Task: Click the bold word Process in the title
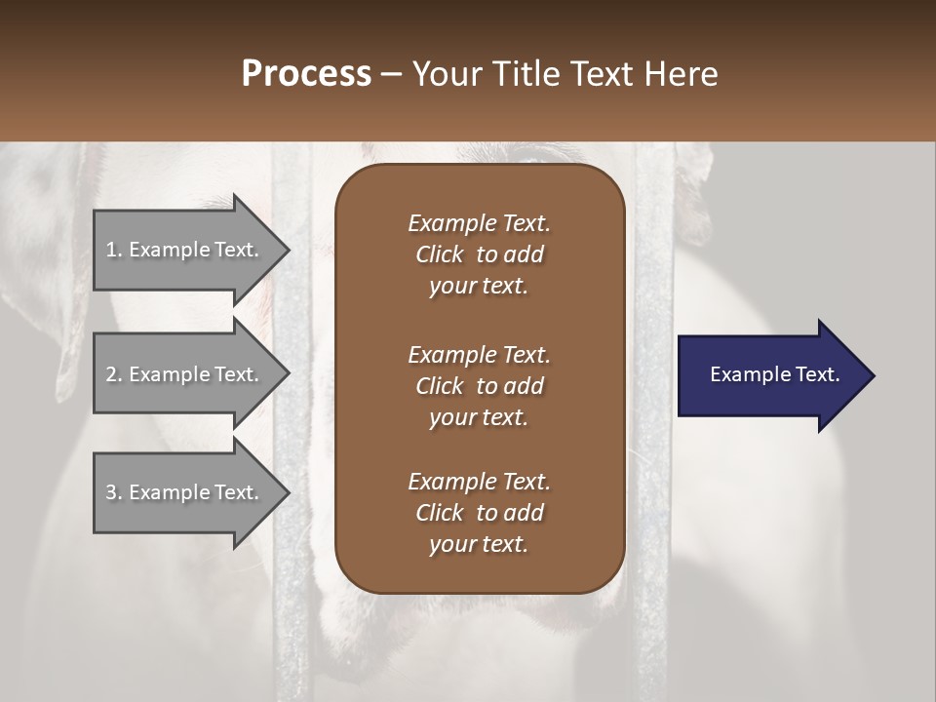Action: coord(306,74)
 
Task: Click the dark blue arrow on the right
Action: coord(770,375)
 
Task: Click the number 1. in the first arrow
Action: coord(114,250)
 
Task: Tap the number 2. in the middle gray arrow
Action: coord(114,374)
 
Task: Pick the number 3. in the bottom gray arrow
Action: coord(114,492)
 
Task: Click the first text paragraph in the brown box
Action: coord(479,254)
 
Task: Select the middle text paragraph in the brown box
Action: coord(479,386)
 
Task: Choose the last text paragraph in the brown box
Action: coord(479,513)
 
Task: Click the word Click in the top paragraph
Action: coord(439,254)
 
